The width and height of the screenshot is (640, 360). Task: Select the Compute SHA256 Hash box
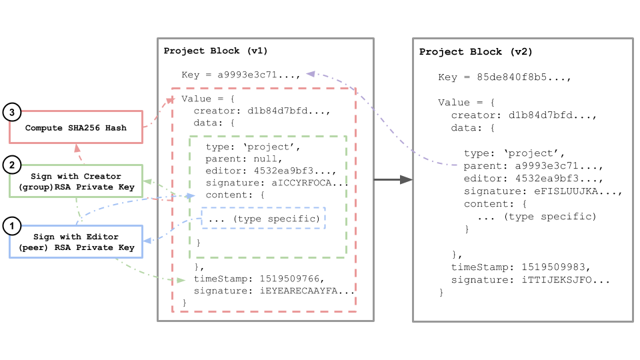tap(75, 127)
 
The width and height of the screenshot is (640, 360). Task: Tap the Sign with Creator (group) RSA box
tap(75, 181)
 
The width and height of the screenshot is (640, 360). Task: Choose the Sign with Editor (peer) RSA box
tap(75, 242)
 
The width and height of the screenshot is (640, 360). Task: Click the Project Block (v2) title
tap(475, 51)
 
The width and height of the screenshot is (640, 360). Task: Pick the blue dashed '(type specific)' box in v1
tap(263, 218)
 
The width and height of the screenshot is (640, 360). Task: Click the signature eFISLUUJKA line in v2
tap(543, 191)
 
